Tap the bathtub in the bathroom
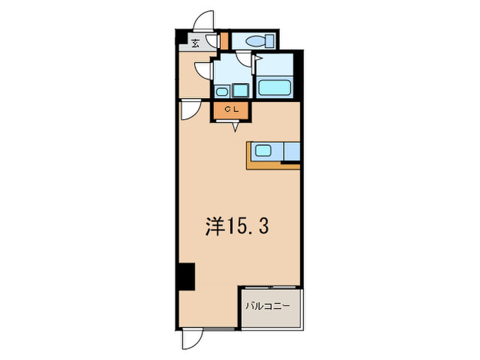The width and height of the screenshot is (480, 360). (276, 87)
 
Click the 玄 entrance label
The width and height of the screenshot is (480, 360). (195, 43)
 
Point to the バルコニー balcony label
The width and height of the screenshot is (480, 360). (268, 307)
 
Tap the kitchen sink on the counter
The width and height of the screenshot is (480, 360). (265, 152)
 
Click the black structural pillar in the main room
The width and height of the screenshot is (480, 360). (186, 276)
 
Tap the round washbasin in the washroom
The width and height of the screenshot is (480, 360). (222, 91)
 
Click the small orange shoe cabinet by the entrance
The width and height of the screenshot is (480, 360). (224, 40)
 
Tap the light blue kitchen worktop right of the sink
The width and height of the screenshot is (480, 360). (291, 152)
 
